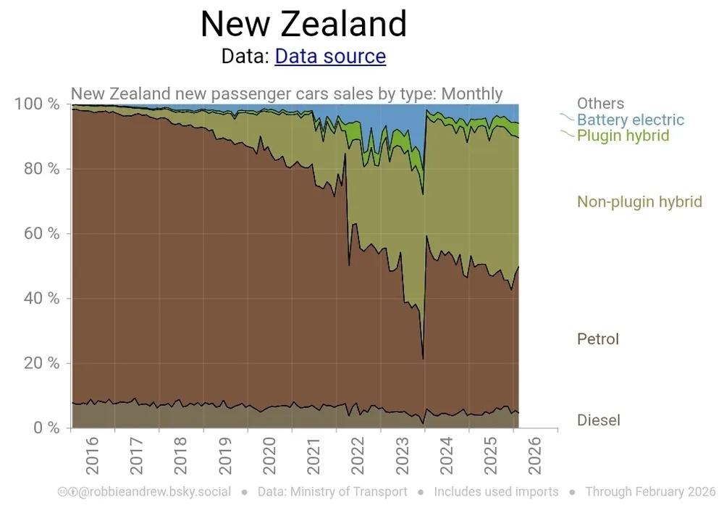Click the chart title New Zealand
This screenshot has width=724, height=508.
pos(303,24)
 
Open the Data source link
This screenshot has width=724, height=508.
pos(330,56)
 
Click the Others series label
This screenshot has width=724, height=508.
pos(600,104)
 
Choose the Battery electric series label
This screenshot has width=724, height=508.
pos(630,120)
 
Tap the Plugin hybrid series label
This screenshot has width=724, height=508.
pos(623,136)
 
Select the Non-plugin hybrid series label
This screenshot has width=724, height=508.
pos(639,201)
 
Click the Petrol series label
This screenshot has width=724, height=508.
pos(598,338)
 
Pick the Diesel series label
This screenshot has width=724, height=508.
pos(599,420)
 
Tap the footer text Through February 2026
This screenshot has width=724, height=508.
pos(650,492)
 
